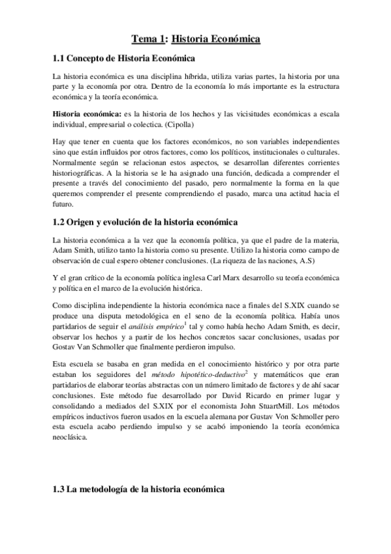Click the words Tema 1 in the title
point(148,39)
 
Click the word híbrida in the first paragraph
point(201,76)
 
